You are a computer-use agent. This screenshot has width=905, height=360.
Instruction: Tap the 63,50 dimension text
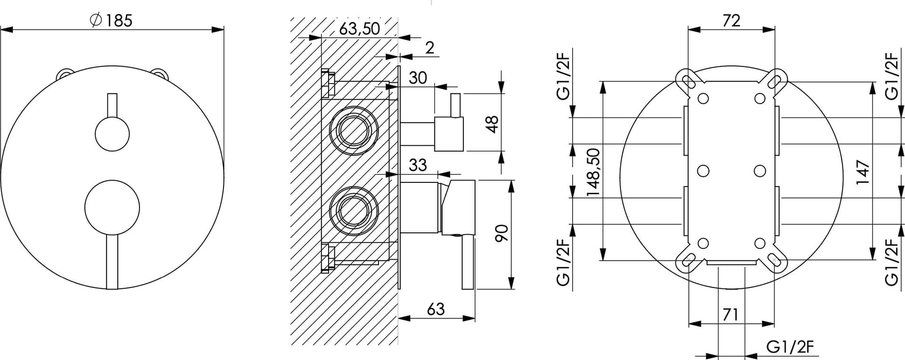(359, 29)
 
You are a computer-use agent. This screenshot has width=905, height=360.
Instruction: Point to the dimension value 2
(429, 48)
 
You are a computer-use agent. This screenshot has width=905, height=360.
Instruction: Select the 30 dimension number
(418, 78)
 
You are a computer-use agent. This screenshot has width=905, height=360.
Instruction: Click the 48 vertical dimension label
(491, 123)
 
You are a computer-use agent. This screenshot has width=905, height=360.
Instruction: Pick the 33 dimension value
(418, 165)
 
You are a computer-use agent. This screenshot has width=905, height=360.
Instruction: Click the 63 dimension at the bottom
(436, 309)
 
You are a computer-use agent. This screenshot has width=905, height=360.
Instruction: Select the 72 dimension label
(731, 20)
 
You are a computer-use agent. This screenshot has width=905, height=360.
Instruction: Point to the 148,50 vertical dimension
(593, 172)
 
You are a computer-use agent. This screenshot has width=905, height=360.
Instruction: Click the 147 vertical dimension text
(862, 172)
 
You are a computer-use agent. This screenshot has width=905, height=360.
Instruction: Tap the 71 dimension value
(730, 314)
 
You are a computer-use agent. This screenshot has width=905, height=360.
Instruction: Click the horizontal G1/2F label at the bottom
(790, 347)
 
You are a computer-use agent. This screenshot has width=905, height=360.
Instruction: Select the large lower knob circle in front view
(112, 207)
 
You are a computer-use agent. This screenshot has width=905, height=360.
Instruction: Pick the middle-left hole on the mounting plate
(703, 171)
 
